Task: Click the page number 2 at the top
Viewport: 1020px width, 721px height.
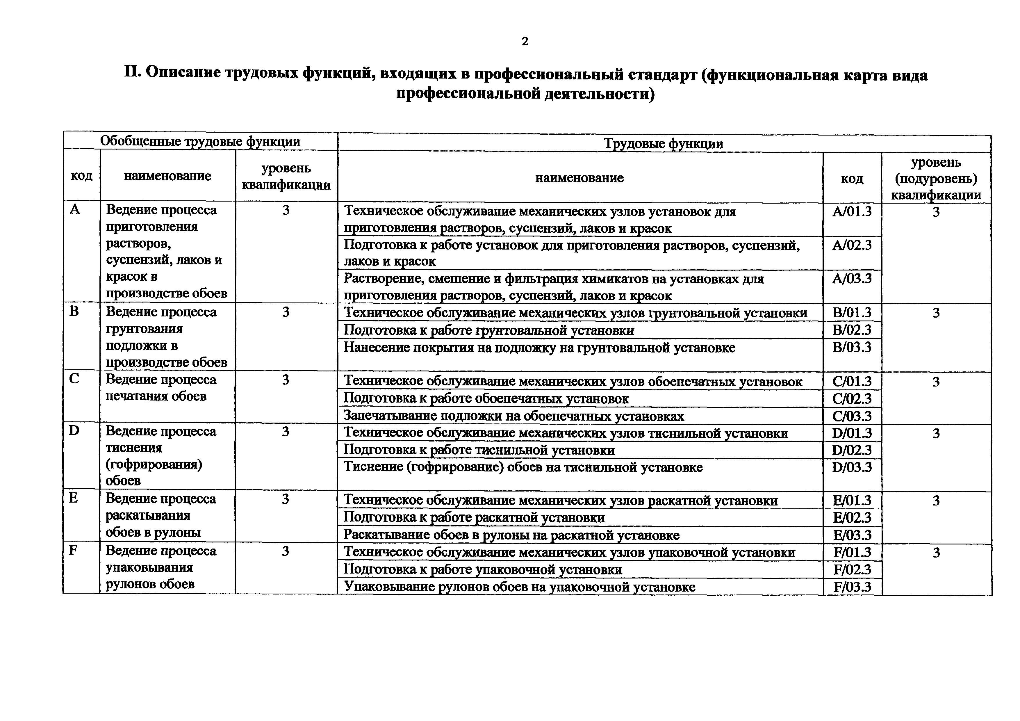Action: tap(525, 41)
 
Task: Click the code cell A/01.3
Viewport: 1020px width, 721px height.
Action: tap(852, 211)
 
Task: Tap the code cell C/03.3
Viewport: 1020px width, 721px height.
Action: tap(852, 416)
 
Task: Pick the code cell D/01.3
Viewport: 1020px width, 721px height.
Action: tap(852, 433)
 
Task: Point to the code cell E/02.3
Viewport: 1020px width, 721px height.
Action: tap(852, 517)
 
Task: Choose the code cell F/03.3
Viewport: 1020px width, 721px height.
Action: tap(852, 587)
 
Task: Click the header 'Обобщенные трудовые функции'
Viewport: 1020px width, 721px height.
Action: tap(200, 141)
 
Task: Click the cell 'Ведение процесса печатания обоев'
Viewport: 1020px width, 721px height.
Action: tap(161, 388)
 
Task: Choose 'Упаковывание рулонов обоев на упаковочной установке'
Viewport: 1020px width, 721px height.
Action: tap(519, 587)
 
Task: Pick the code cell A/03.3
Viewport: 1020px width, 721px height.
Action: tap(852, 279)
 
